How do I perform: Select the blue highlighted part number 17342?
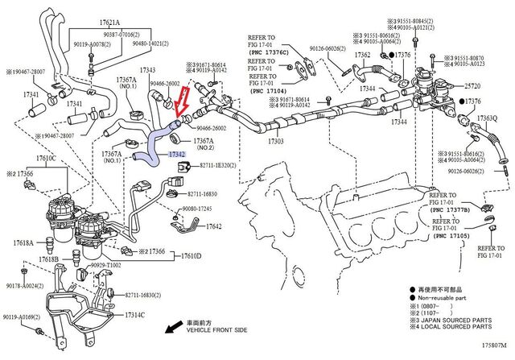[177, 153]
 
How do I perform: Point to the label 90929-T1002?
[105, 264]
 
